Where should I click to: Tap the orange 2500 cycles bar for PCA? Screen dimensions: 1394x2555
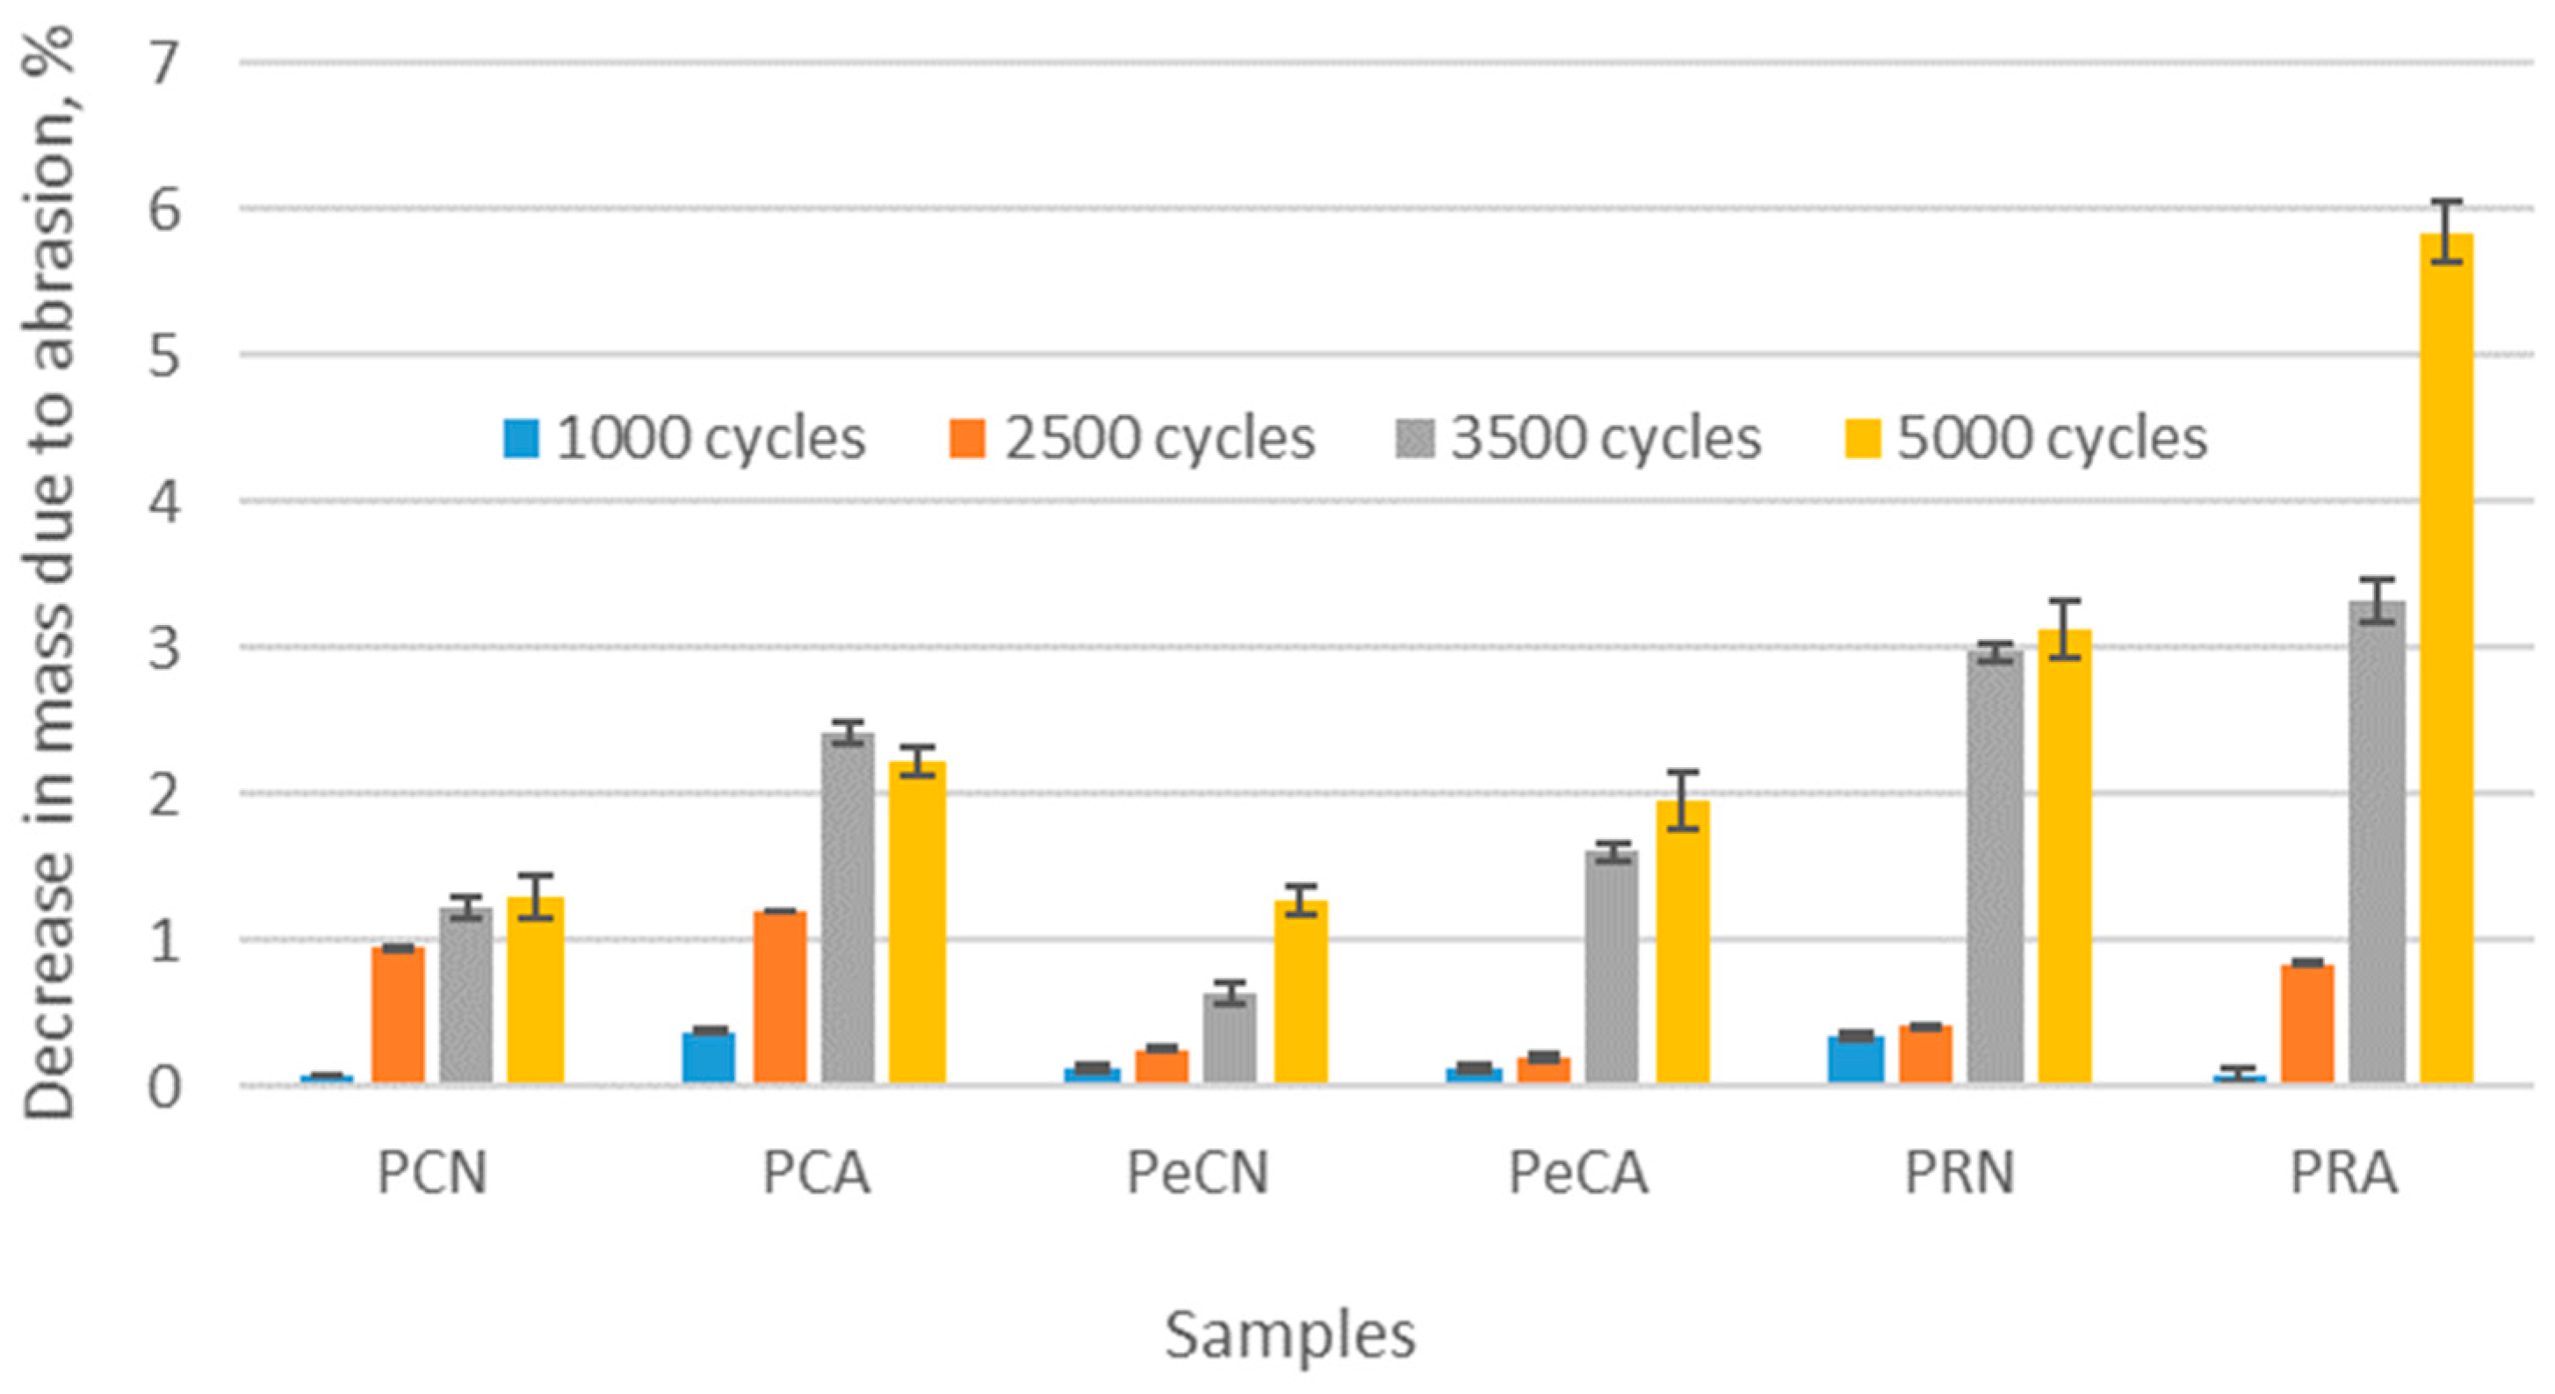point(780,996)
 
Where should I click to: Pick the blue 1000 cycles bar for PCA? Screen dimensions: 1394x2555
point(708,1057)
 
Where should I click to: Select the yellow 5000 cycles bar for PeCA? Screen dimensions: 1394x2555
point(1682,942)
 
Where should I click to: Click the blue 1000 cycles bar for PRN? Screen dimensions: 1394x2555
point(1855,1059)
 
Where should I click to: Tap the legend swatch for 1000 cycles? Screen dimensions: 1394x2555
point(522,438)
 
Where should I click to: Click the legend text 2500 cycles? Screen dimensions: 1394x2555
point(1158,438)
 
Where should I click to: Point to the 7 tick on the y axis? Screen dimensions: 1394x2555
point(163,64)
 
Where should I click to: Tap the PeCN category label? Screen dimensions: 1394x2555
point(1197,1173)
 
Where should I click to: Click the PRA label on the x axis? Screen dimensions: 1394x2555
point(2343,1173)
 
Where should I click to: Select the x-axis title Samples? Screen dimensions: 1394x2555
point(1289,1334)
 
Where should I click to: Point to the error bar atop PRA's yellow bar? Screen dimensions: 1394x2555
point(2446,231)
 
